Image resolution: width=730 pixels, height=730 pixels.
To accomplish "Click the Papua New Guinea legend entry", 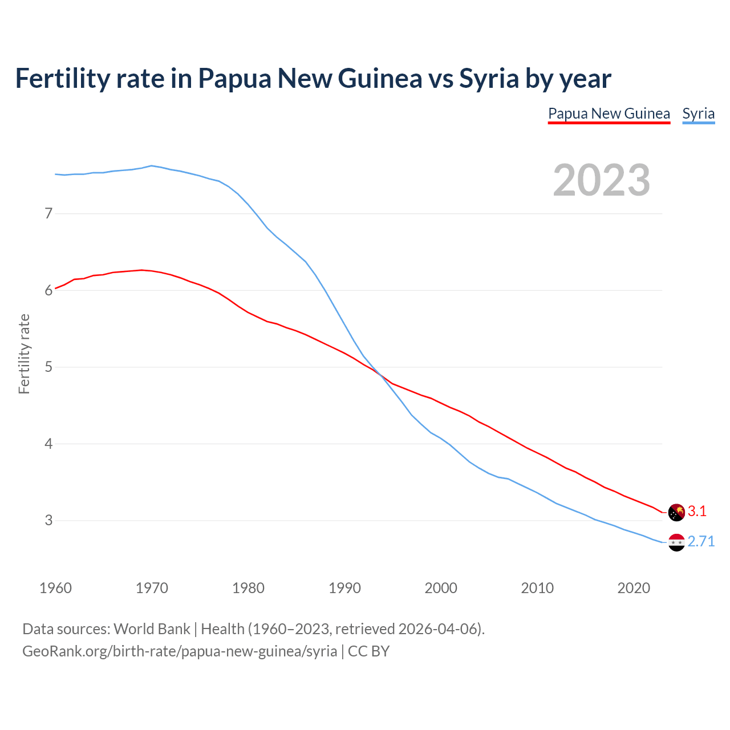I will (609, 113).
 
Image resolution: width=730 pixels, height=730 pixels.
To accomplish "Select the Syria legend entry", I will (698, 113).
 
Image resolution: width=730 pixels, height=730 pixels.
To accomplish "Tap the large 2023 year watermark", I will (601, 180).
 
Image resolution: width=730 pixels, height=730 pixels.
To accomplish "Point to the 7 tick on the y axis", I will (48, 214).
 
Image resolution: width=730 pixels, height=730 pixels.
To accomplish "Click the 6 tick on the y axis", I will (48, 290).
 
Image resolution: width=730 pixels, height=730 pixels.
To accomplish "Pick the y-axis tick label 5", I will (48, 367).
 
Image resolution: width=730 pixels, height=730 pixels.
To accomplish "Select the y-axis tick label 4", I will (48, 444).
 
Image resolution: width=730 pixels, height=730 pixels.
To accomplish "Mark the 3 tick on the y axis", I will (48, 520).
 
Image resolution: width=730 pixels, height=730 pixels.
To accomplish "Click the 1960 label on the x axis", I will (55, 588).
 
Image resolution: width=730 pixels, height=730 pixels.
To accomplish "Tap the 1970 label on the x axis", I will (152, 588).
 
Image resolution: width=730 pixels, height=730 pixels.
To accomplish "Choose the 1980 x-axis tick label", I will (248, 588).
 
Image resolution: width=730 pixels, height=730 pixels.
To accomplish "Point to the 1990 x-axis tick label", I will (344, 588).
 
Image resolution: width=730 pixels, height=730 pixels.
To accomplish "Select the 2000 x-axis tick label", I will (441, 588).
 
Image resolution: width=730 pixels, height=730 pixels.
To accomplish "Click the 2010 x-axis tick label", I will (537, 588).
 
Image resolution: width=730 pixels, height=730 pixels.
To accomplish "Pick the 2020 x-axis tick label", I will (634, 588).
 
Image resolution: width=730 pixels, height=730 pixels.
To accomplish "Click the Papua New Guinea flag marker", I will (676, 512).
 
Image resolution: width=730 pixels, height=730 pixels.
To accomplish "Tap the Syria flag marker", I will (676, 542).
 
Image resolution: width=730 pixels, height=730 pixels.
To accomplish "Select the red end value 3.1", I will (697, 512).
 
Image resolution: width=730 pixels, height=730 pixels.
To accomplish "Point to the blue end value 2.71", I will (701, 542).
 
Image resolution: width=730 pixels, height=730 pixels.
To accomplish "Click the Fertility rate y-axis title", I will (24, 354).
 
